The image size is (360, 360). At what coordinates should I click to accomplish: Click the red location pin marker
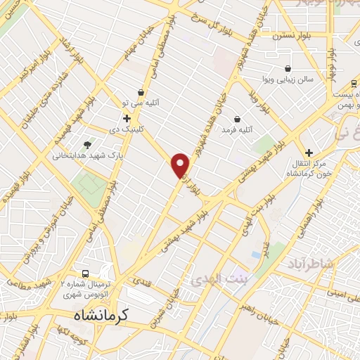pyautogui.click(x=181, y=165)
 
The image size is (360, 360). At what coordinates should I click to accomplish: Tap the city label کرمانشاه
pyautogui.click(x=104, y=316)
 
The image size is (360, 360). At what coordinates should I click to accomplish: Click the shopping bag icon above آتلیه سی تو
pyautogui.click(x=141, y=93)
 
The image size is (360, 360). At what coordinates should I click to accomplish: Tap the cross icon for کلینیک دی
pyautogui.click(x=127, y=118)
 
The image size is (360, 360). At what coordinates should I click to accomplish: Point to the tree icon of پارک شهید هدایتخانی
pyautogui.click(x=87, y=143)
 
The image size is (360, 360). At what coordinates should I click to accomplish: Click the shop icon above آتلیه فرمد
pyautogui.click(x=236, y=119)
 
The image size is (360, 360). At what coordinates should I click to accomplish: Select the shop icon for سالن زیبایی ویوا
pyautogui.click(x=288, y=69)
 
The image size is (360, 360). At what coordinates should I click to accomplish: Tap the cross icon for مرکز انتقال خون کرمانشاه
pyautogui.click(x=308, y=152)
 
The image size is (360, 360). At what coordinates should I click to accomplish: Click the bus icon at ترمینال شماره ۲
pyautogui.click(x=85, y=273)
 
